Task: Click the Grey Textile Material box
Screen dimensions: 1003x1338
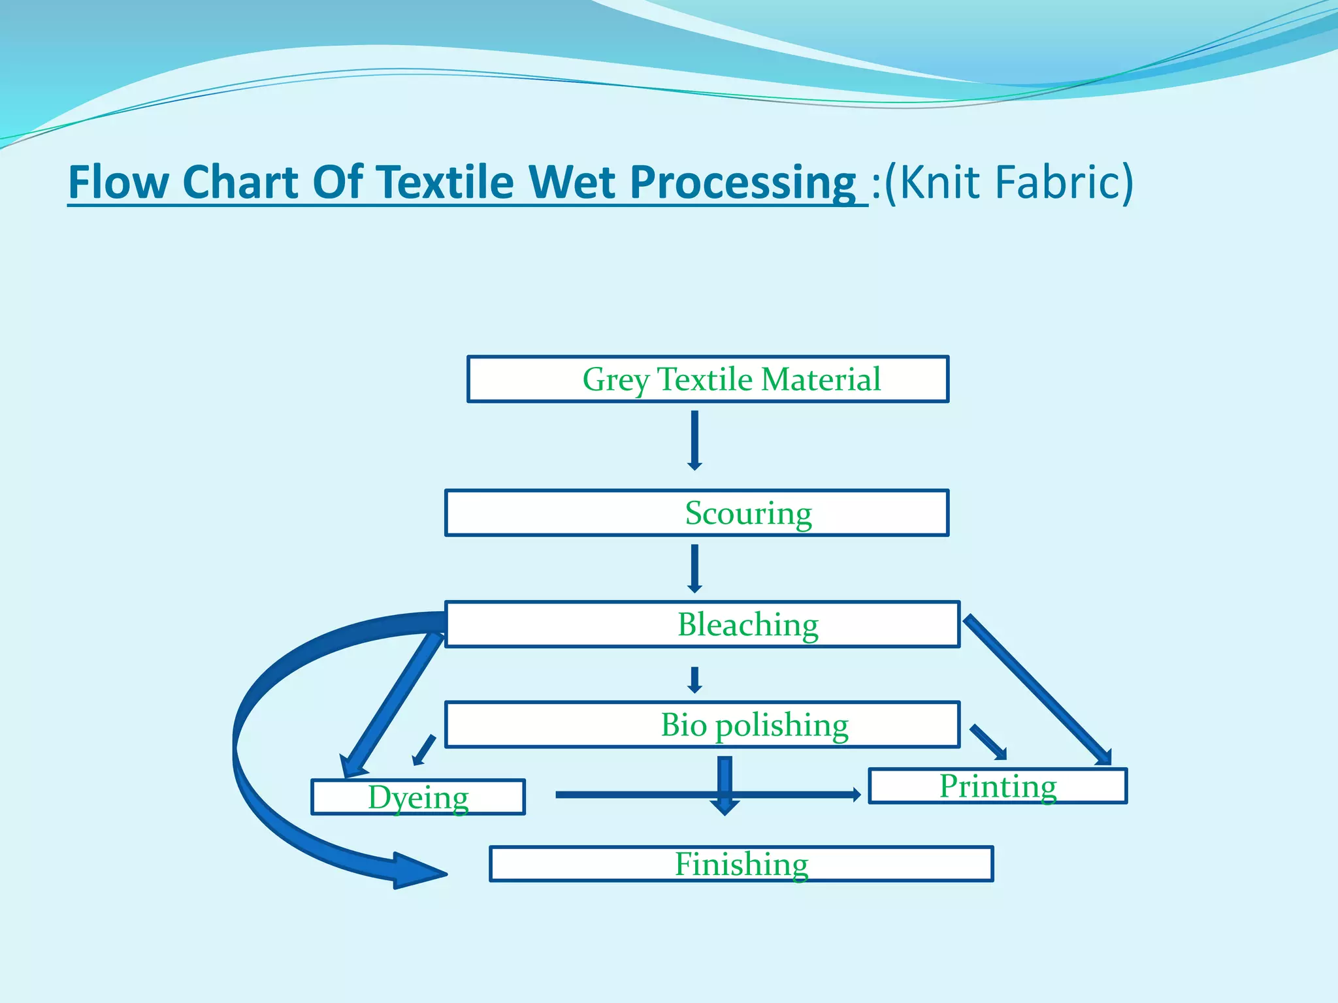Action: tap(708, 379)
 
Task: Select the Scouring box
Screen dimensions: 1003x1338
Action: tap(696, 513)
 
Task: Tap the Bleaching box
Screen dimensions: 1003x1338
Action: tap(702, 624)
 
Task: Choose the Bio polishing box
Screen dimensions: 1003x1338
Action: tap(702, 725)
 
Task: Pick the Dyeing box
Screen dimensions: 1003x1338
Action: tap(418, 797)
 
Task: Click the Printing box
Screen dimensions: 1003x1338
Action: tap(998, 786)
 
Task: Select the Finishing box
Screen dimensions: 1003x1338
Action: tap(742, 864)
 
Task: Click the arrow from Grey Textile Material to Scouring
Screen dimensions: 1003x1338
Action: tap(694, 439)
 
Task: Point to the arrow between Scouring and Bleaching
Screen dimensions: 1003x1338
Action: tap(694, 568)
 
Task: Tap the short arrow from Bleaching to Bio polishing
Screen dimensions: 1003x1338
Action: tap(694, 679)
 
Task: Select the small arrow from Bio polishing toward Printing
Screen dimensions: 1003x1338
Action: tap(988, 742)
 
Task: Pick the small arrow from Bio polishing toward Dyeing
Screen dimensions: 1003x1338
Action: tap(424, 750)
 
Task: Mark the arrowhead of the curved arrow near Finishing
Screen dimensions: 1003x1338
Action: tap(418, 872)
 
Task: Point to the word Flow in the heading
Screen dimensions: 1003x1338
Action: tap(118, 182)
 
